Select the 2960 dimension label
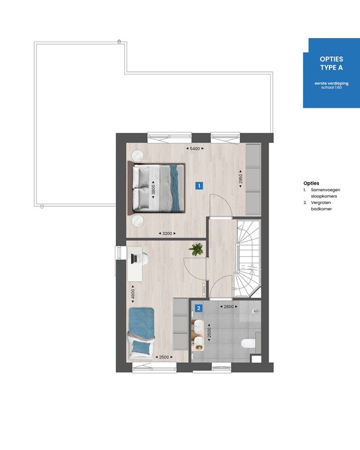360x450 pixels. [240, 179]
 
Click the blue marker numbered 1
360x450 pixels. [199, 186]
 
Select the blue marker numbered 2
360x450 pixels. [199, 308]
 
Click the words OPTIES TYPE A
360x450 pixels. [331, 63]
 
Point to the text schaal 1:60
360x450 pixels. [331, 90]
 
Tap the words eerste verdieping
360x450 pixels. [331, 85]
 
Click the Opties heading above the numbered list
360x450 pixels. [311, 183]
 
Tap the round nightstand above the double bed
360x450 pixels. [138, 155]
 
